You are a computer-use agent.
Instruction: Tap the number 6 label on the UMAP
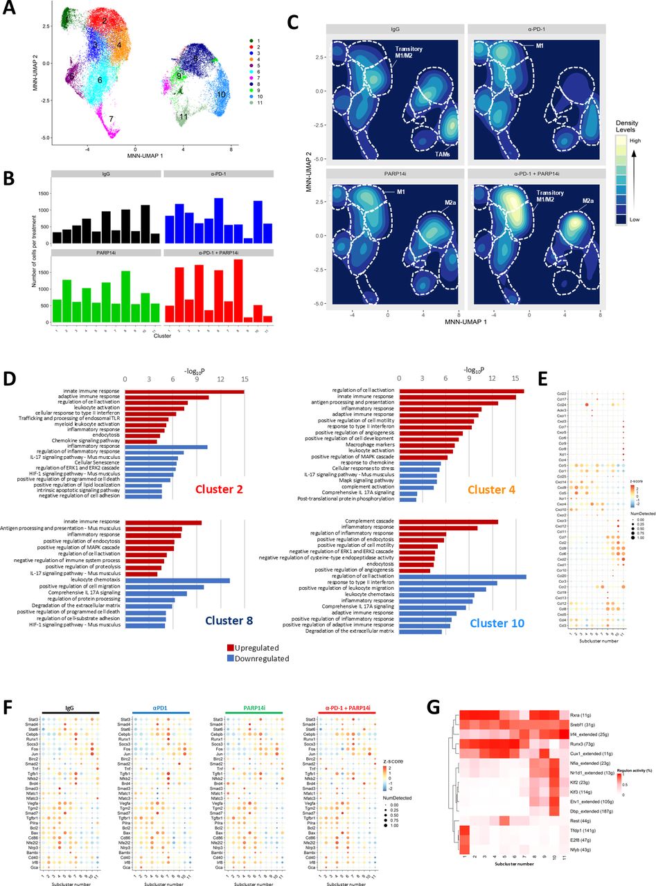tap(100, 80)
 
